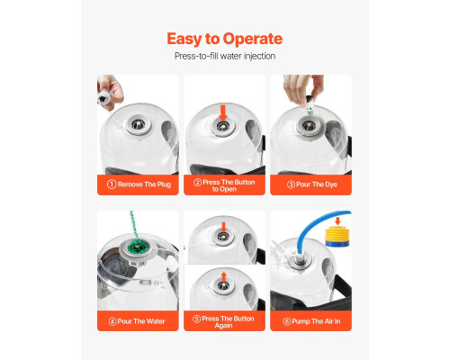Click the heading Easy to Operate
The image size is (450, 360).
[225, 39]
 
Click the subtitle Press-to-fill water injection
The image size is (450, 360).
[225, 56]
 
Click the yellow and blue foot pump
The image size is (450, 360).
[337, 237]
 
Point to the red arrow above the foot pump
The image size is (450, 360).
[337, 221]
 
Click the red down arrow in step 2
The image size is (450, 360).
[223, 112]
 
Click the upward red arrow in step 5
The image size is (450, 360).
[223, 277]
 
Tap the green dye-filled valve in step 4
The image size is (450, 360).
[138, 248]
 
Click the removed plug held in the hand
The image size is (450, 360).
[104, 98]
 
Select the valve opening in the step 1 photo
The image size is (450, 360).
[139, 123]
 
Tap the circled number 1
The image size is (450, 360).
[112, 184]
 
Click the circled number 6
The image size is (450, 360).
[287, 321]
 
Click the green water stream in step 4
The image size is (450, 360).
[134, 227]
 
